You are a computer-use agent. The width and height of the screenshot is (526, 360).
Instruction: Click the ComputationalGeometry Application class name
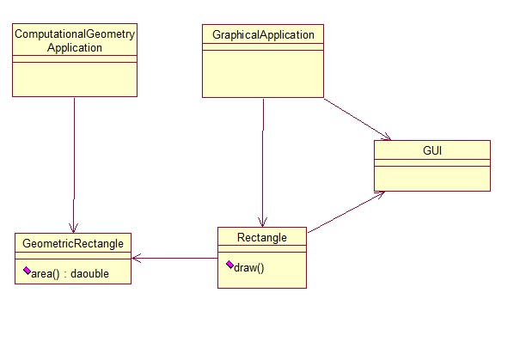75,41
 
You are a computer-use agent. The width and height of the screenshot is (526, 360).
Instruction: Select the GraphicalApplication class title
263,35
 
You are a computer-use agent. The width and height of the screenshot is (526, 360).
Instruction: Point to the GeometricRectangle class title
73,243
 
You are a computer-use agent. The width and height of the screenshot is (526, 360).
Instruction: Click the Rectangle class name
261,237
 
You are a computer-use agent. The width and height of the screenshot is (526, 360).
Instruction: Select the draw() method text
248,267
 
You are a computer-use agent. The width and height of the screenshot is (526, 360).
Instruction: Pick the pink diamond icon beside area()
28,272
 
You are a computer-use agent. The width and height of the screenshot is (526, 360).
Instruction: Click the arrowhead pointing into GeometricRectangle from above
74,227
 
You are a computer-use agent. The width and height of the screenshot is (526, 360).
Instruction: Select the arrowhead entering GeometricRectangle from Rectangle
137,257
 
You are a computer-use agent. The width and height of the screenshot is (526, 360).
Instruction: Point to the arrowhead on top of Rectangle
262,221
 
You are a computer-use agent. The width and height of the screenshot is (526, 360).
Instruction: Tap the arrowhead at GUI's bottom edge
379,195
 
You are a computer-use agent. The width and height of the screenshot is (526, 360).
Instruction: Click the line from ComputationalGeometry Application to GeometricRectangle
74,163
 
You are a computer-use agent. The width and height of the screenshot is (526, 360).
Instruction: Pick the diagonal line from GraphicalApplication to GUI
356,118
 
